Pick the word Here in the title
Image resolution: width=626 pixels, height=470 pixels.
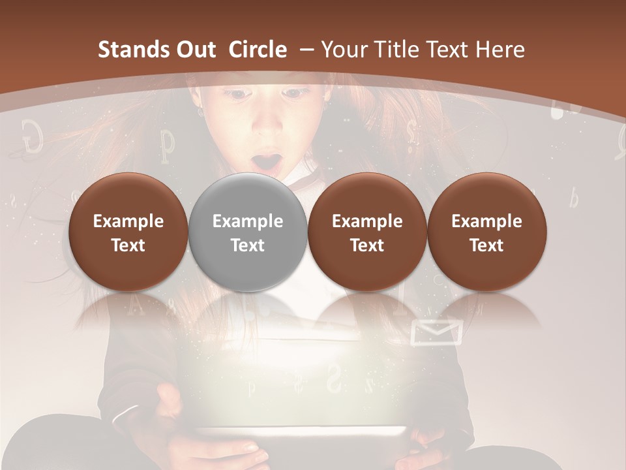(x=500, y=50)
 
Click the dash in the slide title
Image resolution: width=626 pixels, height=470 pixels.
(x=305, y=50)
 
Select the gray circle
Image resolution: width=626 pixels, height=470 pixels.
(x=247, y=232)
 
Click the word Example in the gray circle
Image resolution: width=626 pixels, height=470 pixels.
(x=247, y=221)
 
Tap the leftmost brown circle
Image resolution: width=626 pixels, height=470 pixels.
(x=128, y=232)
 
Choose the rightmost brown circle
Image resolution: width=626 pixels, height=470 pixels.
(x=486, y=232)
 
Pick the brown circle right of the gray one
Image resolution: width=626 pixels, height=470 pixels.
(x=367, y=232)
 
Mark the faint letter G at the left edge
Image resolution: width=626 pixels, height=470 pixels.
(x=32, y=135)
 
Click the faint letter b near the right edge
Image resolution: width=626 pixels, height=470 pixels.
(x=573, y=198)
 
